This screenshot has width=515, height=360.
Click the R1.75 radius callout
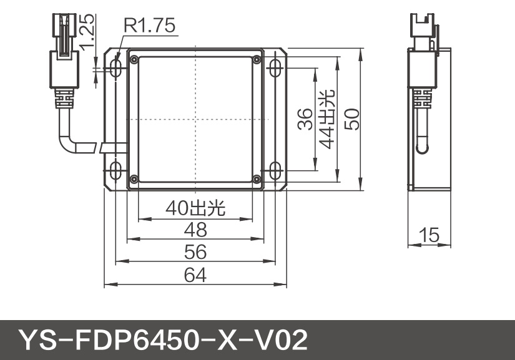[x=149, y=26]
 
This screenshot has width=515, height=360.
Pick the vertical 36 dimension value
[x=304, y=119]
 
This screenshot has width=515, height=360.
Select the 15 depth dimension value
[x=429, y=236]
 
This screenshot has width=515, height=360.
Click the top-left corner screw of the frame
[x=133, y=59]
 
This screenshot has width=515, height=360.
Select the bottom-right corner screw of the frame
[x=257, y=179]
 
